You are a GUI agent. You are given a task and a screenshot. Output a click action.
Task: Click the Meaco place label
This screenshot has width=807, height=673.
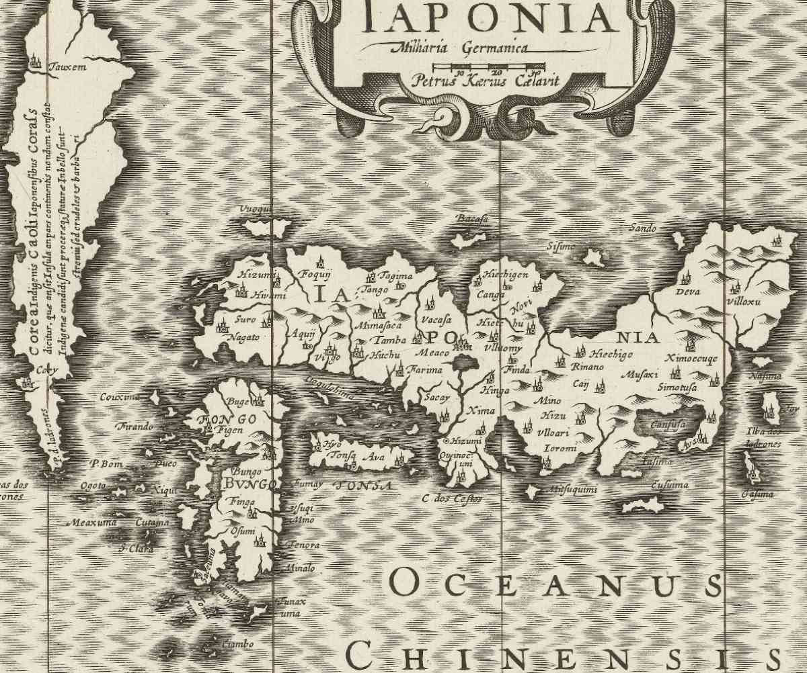pyautogui.click(x=431, y=351)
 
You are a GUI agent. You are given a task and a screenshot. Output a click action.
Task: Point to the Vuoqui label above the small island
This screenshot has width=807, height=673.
pyautogui.click(x=256, y=210)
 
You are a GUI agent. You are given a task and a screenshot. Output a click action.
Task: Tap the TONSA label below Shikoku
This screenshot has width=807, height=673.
pyautogui.click(x=363, y=485)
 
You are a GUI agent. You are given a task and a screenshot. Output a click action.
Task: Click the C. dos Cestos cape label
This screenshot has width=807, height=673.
pyautogui.click(x=452, y=498)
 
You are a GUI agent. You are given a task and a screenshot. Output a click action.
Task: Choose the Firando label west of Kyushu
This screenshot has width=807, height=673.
pyautogui.click(x=136, y=427)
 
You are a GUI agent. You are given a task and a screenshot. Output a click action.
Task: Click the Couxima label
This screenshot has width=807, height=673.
pyautogui.click(x=120, y=397)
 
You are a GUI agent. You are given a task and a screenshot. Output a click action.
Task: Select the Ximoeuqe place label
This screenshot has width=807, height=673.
pyautogui.click(x=691, y=359)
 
